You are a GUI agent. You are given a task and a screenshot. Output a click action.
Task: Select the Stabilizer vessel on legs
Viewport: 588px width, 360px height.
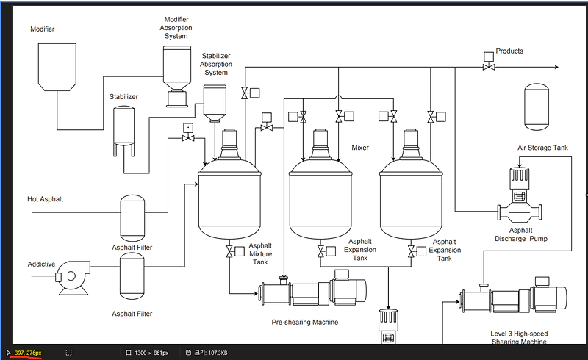point(123,129)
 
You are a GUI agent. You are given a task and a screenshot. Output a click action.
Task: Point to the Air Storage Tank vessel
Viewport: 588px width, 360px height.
point(537,105)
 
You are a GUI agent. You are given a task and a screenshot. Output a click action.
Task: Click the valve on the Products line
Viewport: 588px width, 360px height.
point(487,67)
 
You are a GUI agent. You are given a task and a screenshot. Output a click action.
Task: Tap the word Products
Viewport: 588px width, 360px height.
point(509,51)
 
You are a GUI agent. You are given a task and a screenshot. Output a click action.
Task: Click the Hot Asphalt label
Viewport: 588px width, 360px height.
point(46,199)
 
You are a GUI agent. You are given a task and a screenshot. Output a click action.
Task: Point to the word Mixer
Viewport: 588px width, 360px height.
point(360,148)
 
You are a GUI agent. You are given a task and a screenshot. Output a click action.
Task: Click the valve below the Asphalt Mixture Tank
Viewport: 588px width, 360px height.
point(229,252)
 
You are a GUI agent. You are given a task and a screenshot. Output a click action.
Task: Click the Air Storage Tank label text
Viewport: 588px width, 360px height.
point(542,148)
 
